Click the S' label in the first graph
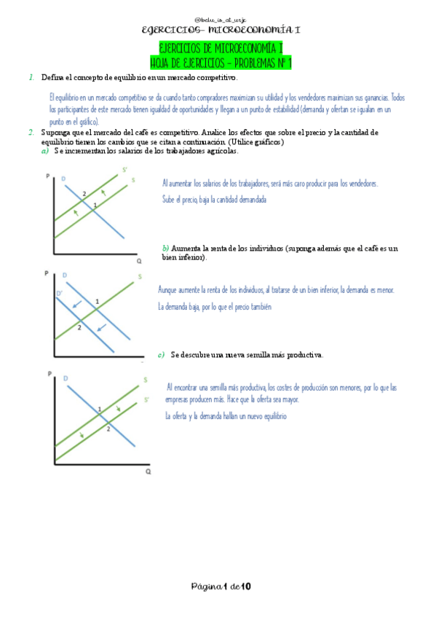[x=124, y=170]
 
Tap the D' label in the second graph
[x=60, y=293]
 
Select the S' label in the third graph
[x=146, y=399]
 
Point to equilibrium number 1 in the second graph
[x=97, y=301]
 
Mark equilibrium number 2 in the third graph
[x=108, y=429]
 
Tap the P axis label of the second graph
[x=46, y=273]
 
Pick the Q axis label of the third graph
[x=148, y=472]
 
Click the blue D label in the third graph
[x=66, y=378]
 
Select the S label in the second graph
[x=140, y=277]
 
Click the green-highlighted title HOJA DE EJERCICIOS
[x=216, y=63]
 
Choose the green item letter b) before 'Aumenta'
[x=165, y=249]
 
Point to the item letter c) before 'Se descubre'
[x=162, y=355]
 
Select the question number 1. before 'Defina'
[x=31, y=77]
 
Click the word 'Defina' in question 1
[x=52, y=77]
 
